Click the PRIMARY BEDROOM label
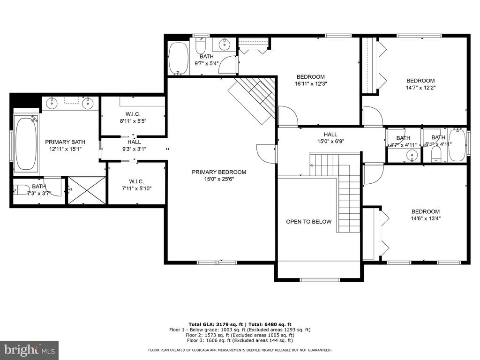point(219,172)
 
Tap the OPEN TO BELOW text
point(308,222)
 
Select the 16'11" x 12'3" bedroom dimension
point(311,83)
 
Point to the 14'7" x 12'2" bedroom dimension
point(420,88)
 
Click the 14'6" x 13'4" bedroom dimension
point(426,218)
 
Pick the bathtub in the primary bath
point(26,144)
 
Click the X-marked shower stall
point(87,190)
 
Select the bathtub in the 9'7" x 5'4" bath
point(178,58)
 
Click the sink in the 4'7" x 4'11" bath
point(412,156)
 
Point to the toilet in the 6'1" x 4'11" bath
point(435,154)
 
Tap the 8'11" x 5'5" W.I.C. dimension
point(133,121)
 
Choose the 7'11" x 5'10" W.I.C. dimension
point(136,188)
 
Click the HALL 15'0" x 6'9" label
point(330,138)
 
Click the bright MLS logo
point(30,350)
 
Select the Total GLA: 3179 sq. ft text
point(216,324)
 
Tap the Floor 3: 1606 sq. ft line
point(240,340)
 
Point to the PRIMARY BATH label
point(65,142)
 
